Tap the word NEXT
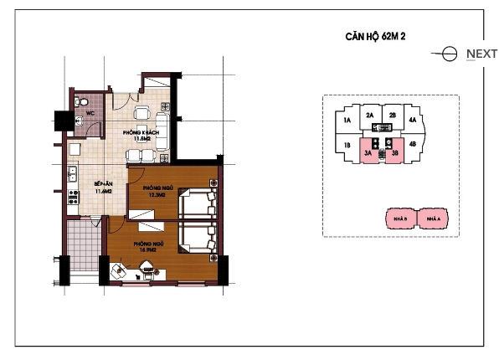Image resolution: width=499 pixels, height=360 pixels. tap(481, 54)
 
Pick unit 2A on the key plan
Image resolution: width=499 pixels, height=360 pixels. tap(369, 116)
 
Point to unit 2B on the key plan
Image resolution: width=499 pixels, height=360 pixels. tap(392, 116)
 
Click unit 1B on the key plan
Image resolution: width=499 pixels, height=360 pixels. tap(346, 145)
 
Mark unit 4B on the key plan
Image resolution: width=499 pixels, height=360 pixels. tap(413, 145)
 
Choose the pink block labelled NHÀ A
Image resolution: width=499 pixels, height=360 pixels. tap(432, 219)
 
